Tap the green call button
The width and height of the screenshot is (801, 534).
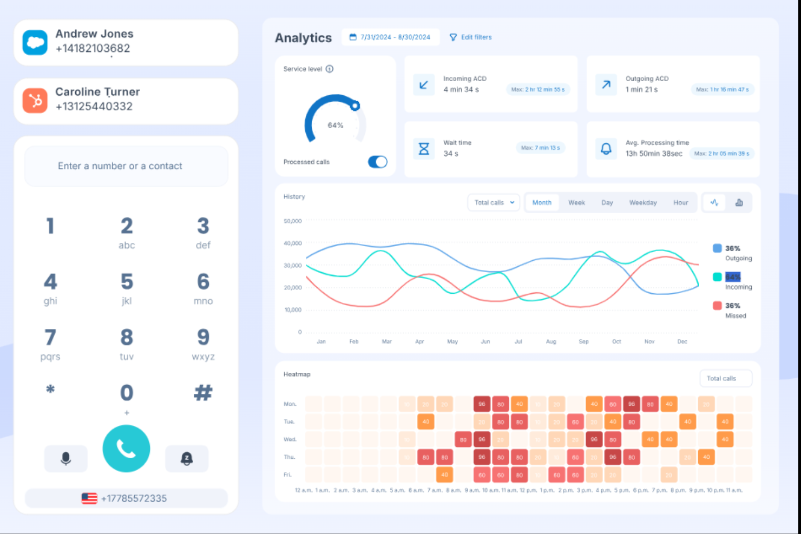[x=126, y=449]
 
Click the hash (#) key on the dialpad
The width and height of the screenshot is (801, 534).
[x=203, y=392]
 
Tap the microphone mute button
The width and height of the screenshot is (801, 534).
[x=65, y=459]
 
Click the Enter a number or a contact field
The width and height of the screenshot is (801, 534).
[x=126, y=166]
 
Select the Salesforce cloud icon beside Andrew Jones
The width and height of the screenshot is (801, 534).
[x=35, y=43]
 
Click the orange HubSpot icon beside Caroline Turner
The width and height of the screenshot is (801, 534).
[x=35, y=101]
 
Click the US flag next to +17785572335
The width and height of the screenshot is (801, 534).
[x=89, y=498]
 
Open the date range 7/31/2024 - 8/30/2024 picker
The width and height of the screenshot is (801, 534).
[x=390, y=37]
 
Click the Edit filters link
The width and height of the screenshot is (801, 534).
[x=471, y=37]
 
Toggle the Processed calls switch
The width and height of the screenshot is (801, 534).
[x=378, y=162]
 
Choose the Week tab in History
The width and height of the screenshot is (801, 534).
[x=576, y=203]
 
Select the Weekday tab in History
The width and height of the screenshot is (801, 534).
[x=642, y=203]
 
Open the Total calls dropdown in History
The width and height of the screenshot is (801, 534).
[x=494, y=203]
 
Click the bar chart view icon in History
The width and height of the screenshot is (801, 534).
[x=739, y=203]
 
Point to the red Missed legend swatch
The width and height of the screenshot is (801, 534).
[x=717, y=306]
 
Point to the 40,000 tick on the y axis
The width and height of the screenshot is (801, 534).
[x=293, y=243]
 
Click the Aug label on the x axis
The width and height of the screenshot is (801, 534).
[x=551, y=341]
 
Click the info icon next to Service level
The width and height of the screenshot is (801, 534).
[x=330, y=69]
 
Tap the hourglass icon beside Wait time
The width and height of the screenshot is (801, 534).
[x=424, y=148]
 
